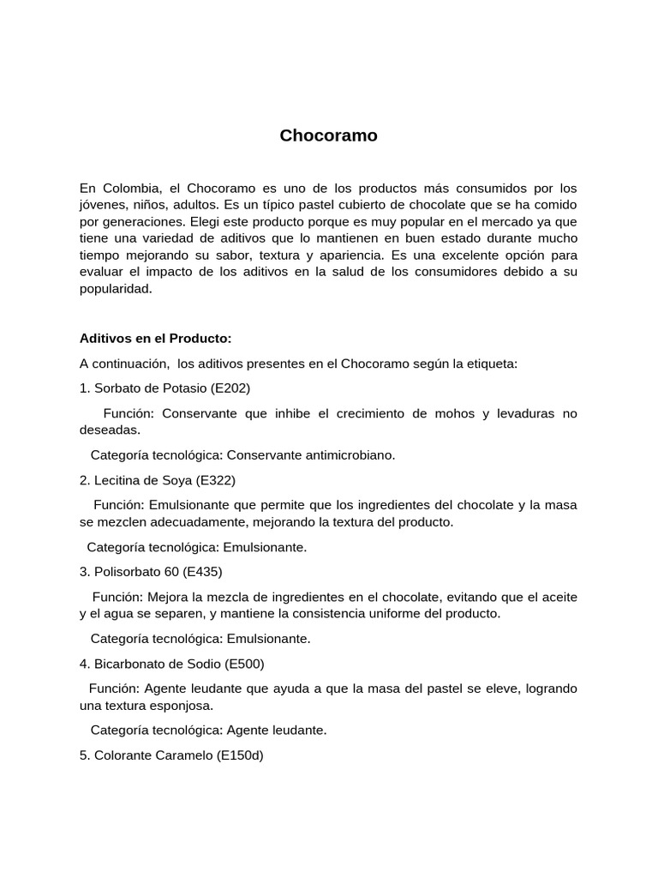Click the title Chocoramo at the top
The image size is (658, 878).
(328, 135)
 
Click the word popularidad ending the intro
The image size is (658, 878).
(115, 289)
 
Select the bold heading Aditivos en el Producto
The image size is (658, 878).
(155, 338)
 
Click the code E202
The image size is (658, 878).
(231, 388)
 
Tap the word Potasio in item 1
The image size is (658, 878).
(182, 388)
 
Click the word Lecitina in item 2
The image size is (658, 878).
(118, 479)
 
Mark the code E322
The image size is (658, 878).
(216, 479)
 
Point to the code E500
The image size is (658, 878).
(244, 663)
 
